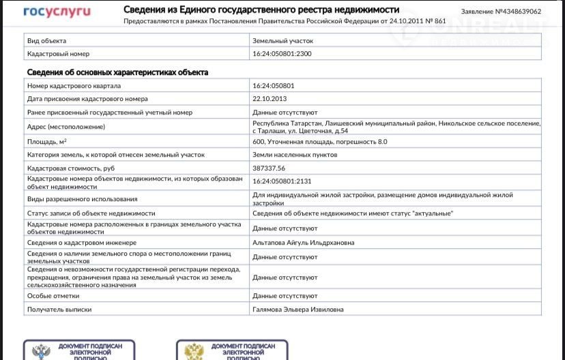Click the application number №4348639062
(501, 12)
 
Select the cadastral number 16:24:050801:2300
(282, 53)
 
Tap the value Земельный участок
(282, 41)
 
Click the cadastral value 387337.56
(269, 168)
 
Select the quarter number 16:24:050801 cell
(274, 86)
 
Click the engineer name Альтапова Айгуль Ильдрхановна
(303, 242)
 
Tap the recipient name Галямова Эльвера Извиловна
(298, 309)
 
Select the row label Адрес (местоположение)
(66, 127)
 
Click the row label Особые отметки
(53, 296)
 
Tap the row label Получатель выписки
(59, 309)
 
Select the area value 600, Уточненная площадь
(319, 142)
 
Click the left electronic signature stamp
(79, 350)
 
